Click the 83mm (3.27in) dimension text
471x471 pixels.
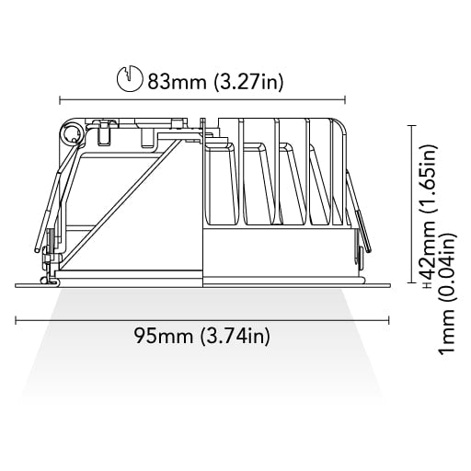tap(215, 82)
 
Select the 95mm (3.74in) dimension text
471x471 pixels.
tap(202, 337)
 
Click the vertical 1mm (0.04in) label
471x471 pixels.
tap(447, 293)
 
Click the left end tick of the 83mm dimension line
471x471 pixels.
tap(60, 99)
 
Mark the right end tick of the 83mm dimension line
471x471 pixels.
tap(346, 99)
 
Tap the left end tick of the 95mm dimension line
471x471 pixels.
tap(16, 321)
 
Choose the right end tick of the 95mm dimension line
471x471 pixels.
tap(389, 321)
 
